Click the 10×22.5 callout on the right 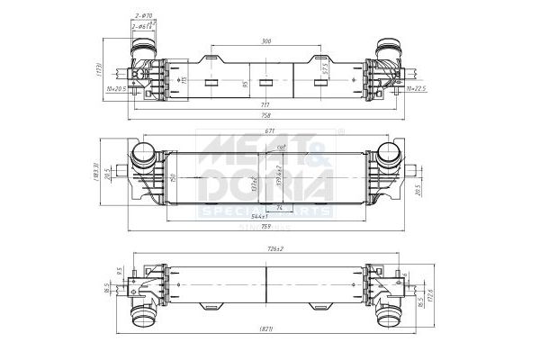point(416,89)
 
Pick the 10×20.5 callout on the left point(117,89)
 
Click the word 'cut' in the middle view point(281,147)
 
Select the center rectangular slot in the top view point(265,83)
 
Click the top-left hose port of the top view point(145,48)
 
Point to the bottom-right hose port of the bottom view point(389,318)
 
